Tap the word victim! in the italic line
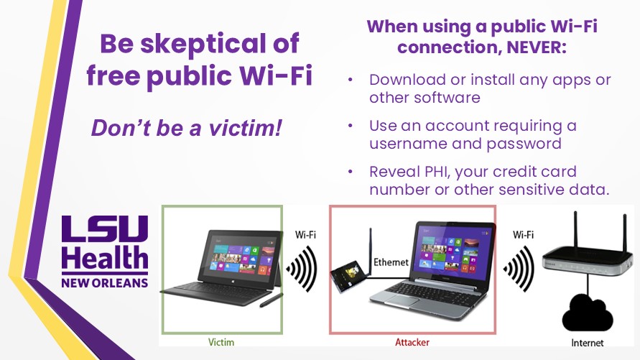coord(246,128)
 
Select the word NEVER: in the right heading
coord(537,47)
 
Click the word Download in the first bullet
coord(407,80)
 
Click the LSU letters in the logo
coord(105,229)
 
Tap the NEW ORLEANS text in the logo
coord(105,283)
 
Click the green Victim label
coord(221,342)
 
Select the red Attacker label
coord(412,342)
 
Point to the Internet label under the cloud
coord(587,343)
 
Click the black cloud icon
coord(588,313)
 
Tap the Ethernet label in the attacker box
coord(391,262)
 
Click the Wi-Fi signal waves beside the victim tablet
coord(302,269)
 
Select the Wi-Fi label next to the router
coord(523,235)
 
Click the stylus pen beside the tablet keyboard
coord(272,300)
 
